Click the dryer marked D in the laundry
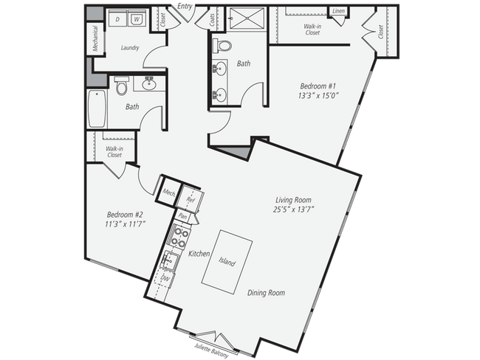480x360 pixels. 119,18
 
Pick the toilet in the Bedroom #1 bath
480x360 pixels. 224,46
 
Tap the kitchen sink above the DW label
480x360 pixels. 171,260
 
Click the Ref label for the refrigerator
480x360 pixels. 190,199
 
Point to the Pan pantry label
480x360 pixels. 182,216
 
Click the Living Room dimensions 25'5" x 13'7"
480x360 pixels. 293,210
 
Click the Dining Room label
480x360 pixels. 265,293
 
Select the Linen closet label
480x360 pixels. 339,12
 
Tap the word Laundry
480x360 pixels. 131,47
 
